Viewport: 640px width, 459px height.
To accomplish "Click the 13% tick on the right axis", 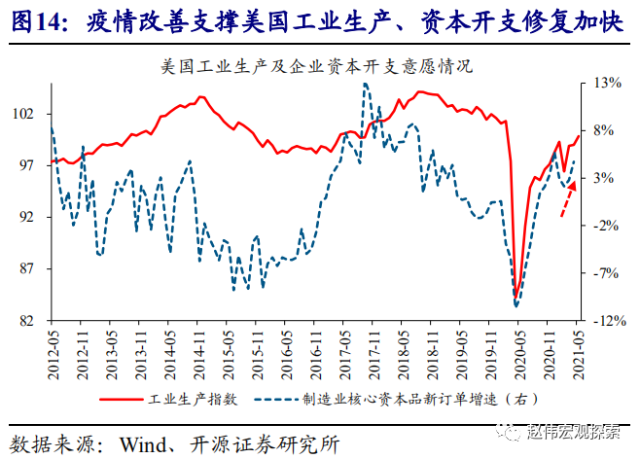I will [606, 83].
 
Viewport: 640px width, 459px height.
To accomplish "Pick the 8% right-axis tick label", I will [603, 130].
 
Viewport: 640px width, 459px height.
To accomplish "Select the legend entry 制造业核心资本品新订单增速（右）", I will [404, 399].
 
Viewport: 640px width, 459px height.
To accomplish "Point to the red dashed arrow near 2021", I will [567, 200].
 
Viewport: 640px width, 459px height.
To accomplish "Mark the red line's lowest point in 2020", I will [516, 298].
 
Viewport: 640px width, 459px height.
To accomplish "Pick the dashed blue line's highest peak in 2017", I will [365, 84].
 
